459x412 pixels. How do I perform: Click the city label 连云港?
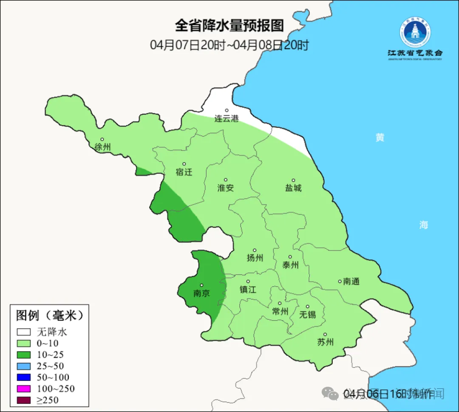pos(226,119)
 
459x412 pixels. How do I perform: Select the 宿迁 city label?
pos(184,172)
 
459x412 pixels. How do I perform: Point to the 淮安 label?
pos(226,188)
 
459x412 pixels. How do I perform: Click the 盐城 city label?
pos(293,188)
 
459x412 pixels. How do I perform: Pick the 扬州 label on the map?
pos(255,258)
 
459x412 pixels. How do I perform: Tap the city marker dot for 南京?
pos(201,286)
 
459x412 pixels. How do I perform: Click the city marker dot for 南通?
pos(340,281)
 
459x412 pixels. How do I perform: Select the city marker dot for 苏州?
pos(325,335)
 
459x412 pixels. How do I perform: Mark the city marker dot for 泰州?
pos(290,257)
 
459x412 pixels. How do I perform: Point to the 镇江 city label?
pos(248,289)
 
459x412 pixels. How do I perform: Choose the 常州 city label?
pos(280,311)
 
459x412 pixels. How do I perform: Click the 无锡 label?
pos(308,314)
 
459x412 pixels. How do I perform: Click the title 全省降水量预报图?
pos(229,26)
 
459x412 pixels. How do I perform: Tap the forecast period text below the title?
pos(229,45)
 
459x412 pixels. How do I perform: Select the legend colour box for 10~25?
pos(24,355)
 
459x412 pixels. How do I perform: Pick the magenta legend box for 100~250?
pos(24,389)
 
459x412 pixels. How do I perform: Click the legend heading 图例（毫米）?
pos(49,315)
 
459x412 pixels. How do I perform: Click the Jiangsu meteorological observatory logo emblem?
pos(415,32)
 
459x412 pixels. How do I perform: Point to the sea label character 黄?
pos(380,137)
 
